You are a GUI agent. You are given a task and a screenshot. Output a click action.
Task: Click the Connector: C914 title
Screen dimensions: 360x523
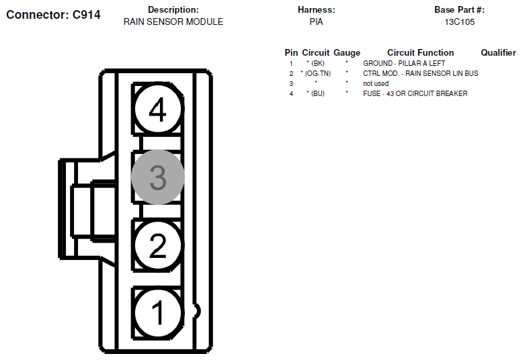tap(53, 14)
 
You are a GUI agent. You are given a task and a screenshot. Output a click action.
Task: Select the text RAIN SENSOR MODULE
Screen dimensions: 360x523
tap(173, 21)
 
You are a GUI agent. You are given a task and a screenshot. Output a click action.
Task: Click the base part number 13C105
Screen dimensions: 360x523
tap(459, 21)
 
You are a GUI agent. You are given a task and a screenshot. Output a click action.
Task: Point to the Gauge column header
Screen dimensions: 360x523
tap(347, 52)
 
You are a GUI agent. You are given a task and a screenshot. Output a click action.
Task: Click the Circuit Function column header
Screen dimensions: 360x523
tap(420, 52)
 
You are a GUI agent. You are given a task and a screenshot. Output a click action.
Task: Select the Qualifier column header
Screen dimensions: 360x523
tap(498, 52)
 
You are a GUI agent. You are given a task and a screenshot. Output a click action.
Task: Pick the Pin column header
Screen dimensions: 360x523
tap(291, 52)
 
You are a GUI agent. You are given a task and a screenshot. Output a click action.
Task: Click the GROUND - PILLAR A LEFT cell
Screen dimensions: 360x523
tap(404, 63)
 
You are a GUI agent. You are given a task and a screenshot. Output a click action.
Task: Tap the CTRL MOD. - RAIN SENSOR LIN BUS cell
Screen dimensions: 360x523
tap(420, 73)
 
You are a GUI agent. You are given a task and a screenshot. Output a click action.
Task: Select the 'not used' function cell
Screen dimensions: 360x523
tap(376, 83)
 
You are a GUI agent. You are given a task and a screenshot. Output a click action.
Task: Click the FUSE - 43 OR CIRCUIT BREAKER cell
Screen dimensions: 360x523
tap(415, 93)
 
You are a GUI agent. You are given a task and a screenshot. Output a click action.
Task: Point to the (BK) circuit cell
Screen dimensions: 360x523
tap(315, 63)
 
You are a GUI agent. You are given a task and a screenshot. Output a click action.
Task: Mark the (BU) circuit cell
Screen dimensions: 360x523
tap(315, 93)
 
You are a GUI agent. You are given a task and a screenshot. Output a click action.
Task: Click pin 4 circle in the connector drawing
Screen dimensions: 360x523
tap(157, 110)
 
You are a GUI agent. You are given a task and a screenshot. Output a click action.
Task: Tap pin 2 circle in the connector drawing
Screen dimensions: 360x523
tap(157, 246)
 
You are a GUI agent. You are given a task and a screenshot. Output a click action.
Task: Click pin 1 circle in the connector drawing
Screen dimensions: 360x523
tap(157, 312)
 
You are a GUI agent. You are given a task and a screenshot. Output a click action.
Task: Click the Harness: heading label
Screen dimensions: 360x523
tap(316, 10)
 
